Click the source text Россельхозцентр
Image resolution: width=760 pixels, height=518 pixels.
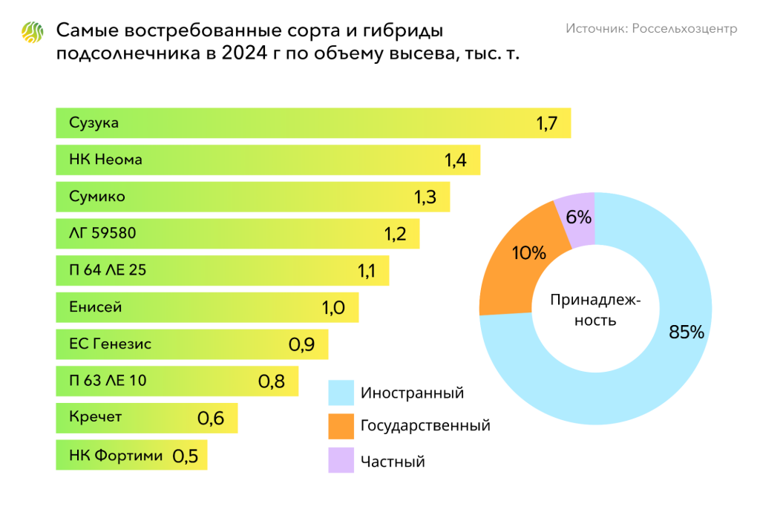click(x=651, y=28)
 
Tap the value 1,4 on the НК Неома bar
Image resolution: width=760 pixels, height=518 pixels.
click(x=455, y=160)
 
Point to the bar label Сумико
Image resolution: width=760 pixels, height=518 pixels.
click(x=97, y=197)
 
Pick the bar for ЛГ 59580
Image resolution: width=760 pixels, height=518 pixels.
click(x=237, y=234)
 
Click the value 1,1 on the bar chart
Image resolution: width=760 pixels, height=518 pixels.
click(x=367, y=271)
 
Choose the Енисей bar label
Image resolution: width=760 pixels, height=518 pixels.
click(x=96, y=307)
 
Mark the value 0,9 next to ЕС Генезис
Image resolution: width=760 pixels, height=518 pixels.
click(x=301, y=345)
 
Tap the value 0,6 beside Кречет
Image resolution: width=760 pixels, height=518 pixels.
click(x=211, y=419)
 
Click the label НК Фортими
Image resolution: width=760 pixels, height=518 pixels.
click(x=116, y=455)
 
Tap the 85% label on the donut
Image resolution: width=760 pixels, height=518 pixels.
click(x=686, y=332)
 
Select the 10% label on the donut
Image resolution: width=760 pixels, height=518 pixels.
click(x=529, y=253)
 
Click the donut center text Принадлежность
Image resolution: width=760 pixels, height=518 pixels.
click(x=595, y=311)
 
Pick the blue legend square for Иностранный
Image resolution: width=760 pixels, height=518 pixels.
click(x=341, y=393)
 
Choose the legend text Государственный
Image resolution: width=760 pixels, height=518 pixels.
click(x=425, y=426)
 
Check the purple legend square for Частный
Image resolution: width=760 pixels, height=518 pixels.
click(x=341, y=460)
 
